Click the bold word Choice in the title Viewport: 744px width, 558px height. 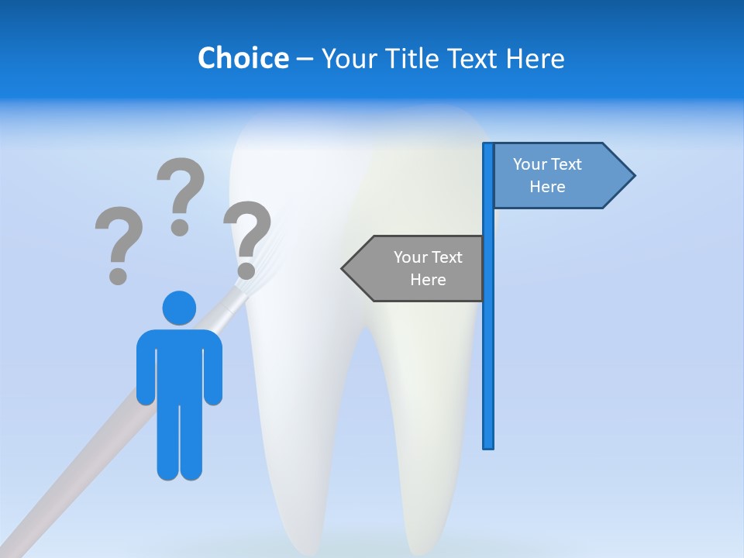click(x=243, y=58)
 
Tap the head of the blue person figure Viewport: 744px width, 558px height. click(x=179, y=308)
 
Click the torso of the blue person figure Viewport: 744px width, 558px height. click(x=179, y=364)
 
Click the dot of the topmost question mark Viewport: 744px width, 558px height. click(x=180, y=227)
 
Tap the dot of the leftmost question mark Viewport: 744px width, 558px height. click(x=118, y=275)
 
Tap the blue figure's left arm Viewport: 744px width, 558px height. click(x=146, y=372)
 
